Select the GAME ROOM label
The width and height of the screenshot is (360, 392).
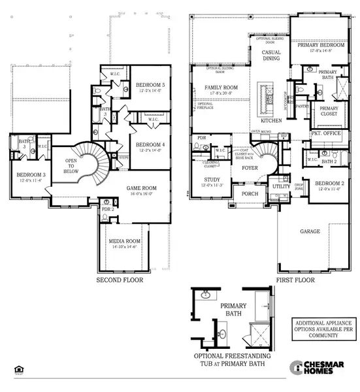pos(143,189)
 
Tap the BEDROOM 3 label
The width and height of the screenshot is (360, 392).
pos(29,176)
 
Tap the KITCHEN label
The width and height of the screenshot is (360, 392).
pos(271,122)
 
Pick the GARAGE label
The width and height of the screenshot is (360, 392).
pos(310,231)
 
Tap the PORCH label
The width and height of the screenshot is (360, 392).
pos(250,193)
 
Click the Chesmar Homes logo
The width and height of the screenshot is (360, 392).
pos(314,367)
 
